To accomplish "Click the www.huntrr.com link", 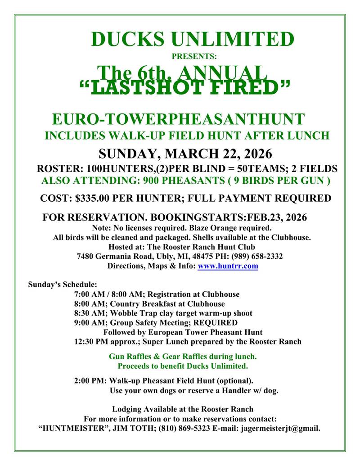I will (x=228, y=266).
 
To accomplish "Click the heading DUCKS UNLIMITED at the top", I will (x=192, y=39).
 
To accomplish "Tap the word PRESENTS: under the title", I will (x=194, y=57).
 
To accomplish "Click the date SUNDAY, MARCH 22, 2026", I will (x=185, y=154).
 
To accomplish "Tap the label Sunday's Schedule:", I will (x=63, y=285).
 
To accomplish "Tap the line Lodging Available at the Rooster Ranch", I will (x=182, y=409).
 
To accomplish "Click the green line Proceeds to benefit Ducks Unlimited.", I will (x=183, y=366).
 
